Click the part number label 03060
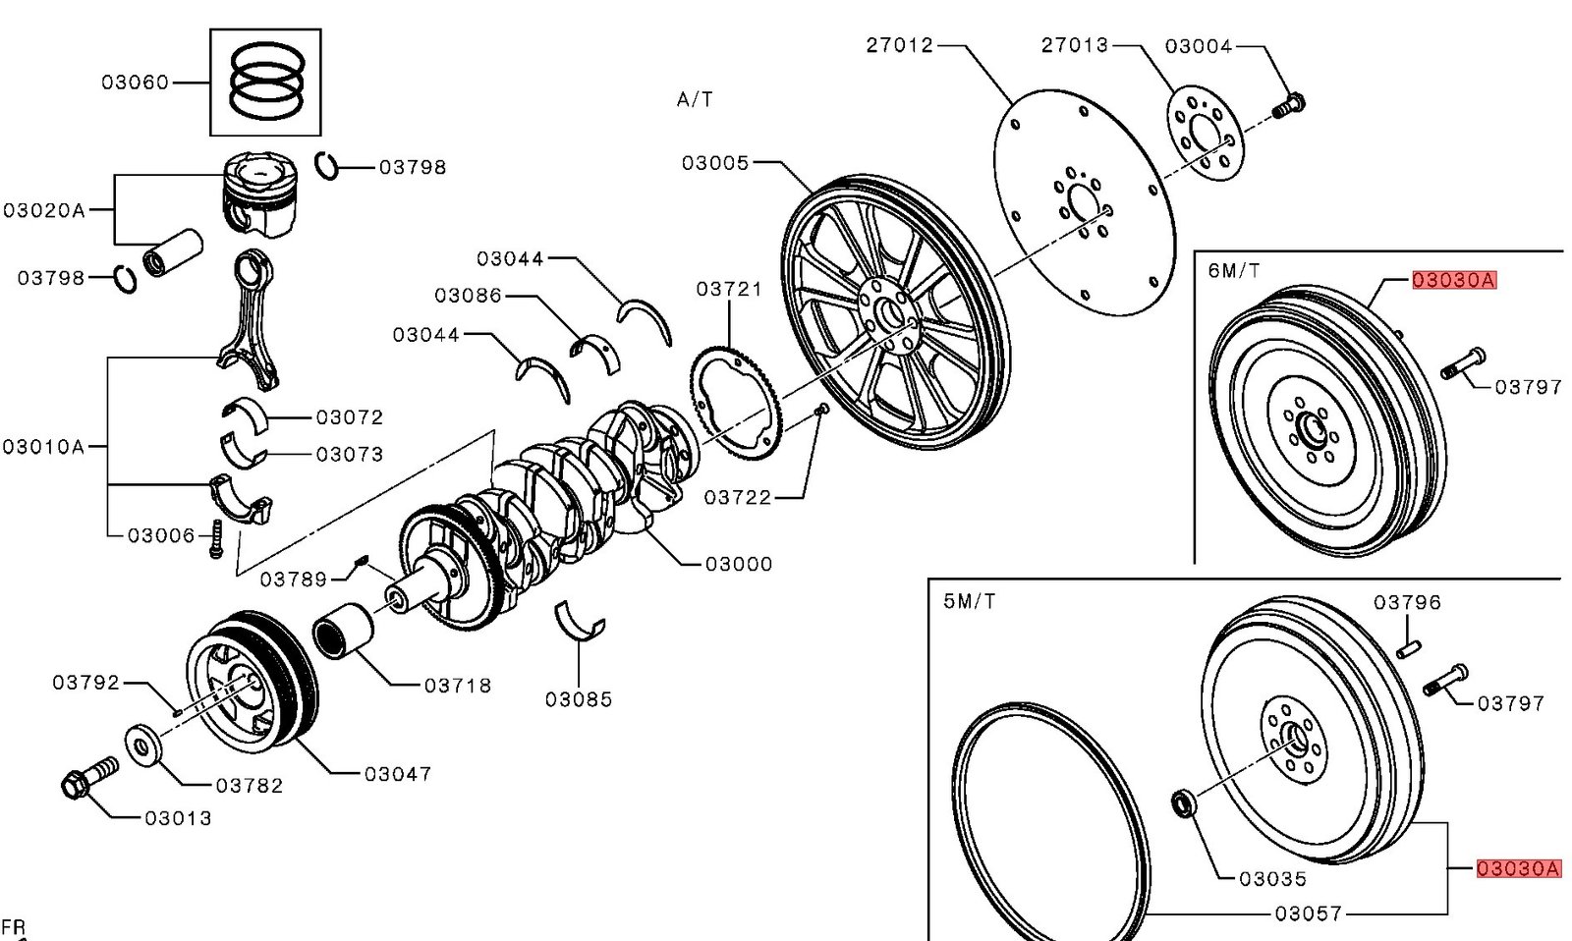(x=136, y=83)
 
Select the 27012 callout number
(x=900, y=45)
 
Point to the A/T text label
(x=695, y=99)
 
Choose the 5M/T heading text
(x=969, y=601)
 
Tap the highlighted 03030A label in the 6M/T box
(x=1454, y=281)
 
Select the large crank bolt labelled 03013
(x=89, y=778)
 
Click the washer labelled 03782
(x=143, y=746)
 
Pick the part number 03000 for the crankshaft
(x=739, y=564)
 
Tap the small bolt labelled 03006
(x=216, y=539)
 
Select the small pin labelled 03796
(x=1409, y=649)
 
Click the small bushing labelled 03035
(x=1184, y=803)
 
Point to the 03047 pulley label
(x=398, y=774)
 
